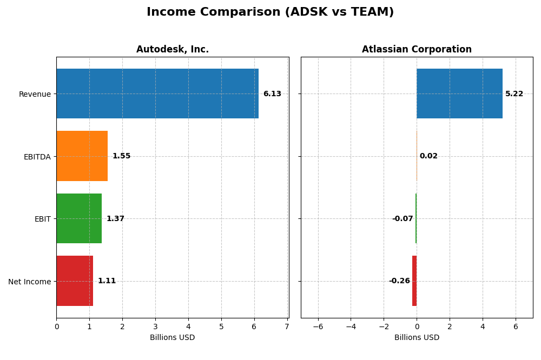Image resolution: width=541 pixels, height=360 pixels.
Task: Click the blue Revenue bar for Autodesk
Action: [x=157, y=94]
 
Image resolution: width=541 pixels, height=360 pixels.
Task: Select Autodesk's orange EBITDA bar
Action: [x=82, y=156]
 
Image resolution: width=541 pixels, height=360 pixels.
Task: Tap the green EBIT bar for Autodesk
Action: [x=79, y=218]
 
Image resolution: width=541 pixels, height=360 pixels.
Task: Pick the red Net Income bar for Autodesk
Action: [x=75, y=281]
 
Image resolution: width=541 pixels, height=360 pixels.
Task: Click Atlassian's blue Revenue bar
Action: [x=459, y=94]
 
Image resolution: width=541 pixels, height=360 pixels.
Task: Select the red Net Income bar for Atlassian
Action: [x=414, y=281]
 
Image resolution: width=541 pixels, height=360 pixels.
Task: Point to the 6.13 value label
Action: [x=272, y=94]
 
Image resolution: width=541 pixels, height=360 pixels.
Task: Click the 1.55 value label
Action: [x=121, y=156]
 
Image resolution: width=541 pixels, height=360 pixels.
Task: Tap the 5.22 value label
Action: [x=514, y=94]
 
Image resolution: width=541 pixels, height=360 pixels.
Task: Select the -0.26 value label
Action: [x=399, y=281]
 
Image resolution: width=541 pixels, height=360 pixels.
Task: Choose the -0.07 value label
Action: [x=403, y=219]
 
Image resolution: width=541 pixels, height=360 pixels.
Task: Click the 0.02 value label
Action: [x=428, y=156]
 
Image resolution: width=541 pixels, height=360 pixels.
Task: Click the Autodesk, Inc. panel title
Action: [x=173, y=50]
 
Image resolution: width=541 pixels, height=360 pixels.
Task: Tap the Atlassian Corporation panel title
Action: [x=417, y=50]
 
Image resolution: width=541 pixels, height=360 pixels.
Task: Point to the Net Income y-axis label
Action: [x=30, y=282]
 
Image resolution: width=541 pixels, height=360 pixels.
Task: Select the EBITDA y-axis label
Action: [x=37, y=157]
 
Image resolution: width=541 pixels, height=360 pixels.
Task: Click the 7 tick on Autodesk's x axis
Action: [x=287, y=326]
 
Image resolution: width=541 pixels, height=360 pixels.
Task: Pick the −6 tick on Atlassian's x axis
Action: [x=318, y=326]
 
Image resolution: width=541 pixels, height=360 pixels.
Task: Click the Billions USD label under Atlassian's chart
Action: [x=417, y=338]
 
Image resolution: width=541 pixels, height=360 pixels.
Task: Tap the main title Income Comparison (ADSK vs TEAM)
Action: [x=270, y=12]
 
